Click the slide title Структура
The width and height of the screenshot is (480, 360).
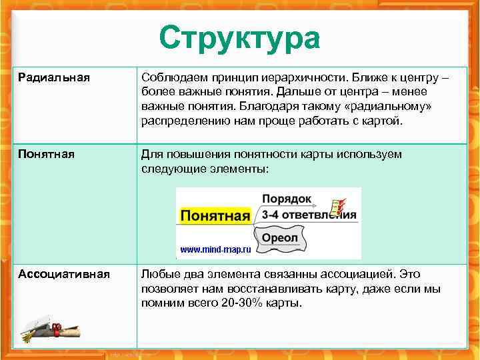(239, 38)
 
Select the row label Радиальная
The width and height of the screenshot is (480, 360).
(53, 78)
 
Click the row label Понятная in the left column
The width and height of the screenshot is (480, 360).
(46, 155)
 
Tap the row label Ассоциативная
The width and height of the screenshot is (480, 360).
(64, 275)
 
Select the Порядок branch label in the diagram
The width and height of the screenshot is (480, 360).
(287, 199)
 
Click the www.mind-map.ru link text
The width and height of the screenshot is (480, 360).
(215, 250)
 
